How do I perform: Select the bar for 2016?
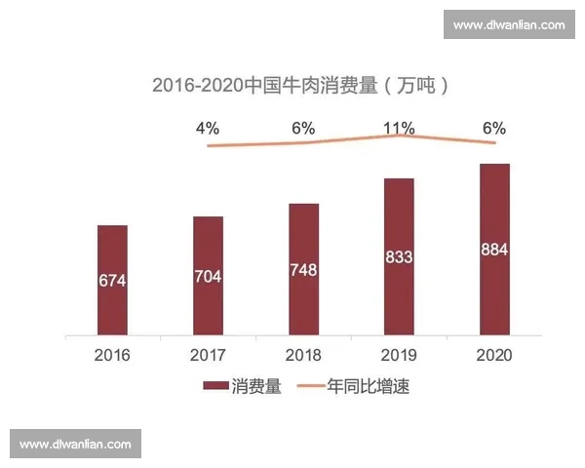pos(112,280)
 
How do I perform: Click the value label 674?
pos(112,281)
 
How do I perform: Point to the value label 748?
pos(304,269)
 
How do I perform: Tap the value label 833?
pos(399,257)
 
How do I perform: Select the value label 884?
pos(494,250)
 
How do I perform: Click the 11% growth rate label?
pos(399,129)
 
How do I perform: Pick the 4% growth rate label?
pos(207,129)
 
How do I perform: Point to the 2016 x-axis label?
pos(112,354)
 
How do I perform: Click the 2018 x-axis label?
pos(304,354)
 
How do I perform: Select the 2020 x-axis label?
pos(494,354)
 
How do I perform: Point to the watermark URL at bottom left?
pos(75,444)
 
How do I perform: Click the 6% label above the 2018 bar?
pos(303,129)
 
